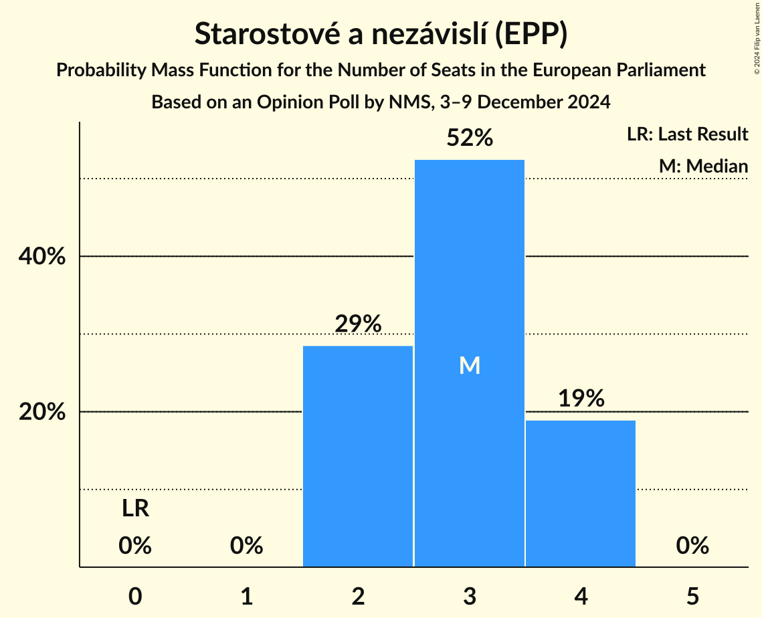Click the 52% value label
pos(470,138)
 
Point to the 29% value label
pos(358,324)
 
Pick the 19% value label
pos(581,399)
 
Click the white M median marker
pos(470,365)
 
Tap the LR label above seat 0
pos(135,510)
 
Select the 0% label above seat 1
pos(246,546)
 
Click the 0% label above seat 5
pos(692,546)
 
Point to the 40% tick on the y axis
pos(42,257)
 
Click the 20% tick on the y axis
pos(42,412)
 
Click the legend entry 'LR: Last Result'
pos(687,134)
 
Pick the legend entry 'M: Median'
pos(703,166)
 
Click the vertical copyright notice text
pos(757,37)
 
